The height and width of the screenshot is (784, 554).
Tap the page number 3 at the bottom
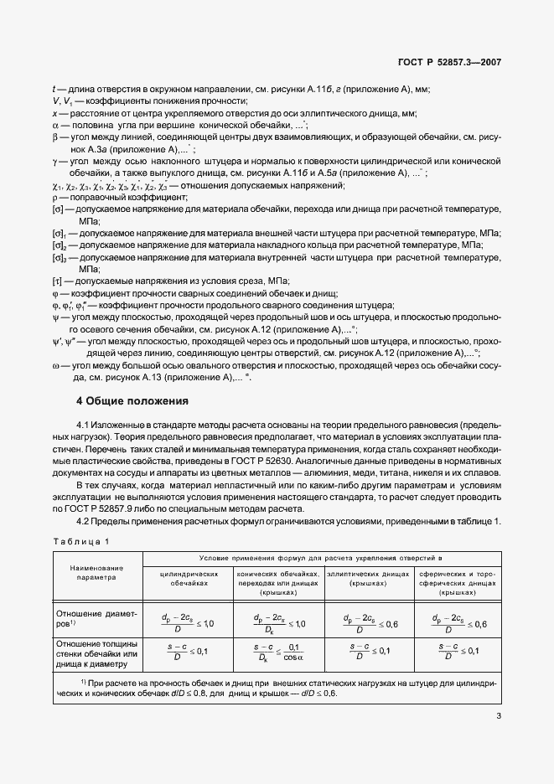pyautogui.click(x=498, y=715)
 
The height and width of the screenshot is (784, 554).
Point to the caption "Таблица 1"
pyautogui.click(x=84, y=542)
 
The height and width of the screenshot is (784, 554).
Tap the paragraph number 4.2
pyautogui.click(x=85, y=523)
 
